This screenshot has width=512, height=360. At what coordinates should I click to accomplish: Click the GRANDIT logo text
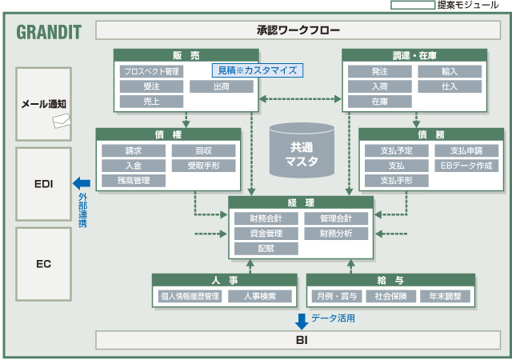pyautogui.click(x=48, y=33)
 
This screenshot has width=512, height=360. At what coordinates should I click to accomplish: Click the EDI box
pyautogui.click(x=44, y=184)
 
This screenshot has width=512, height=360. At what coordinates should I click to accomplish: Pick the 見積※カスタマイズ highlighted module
pyautogui.click(x=258, y=70)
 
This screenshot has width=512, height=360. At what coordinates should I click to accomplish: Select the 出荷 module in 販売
pyautogui.click(x=222, y=86)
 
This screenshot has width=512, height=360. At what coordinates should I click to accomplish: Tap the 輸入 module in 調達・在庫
pyautogui.click(x=450, y=71)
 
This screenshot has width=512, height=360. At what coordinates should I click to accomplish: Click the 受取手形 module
pyautogui.click(x=203, y=166)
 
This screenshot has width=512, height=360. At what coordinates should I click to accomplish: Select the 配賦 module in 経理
pyautogui.click(x=266, y=249)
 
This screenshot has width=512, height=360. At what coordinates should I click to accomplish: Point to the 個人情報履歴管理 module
pyautogui.click(x=190, y=296)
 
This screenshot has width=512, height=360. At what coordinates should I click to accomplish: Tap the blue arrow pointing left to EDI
pyautogui.click(x=82, y=184)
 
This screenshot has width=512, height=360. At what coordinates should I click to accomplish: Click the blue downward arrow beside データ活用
pyautogui.click(x=302, y=321)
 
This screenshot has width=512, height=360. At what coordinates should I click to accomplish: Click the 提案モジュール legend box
pyautogui.click(x=411, y=5)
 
